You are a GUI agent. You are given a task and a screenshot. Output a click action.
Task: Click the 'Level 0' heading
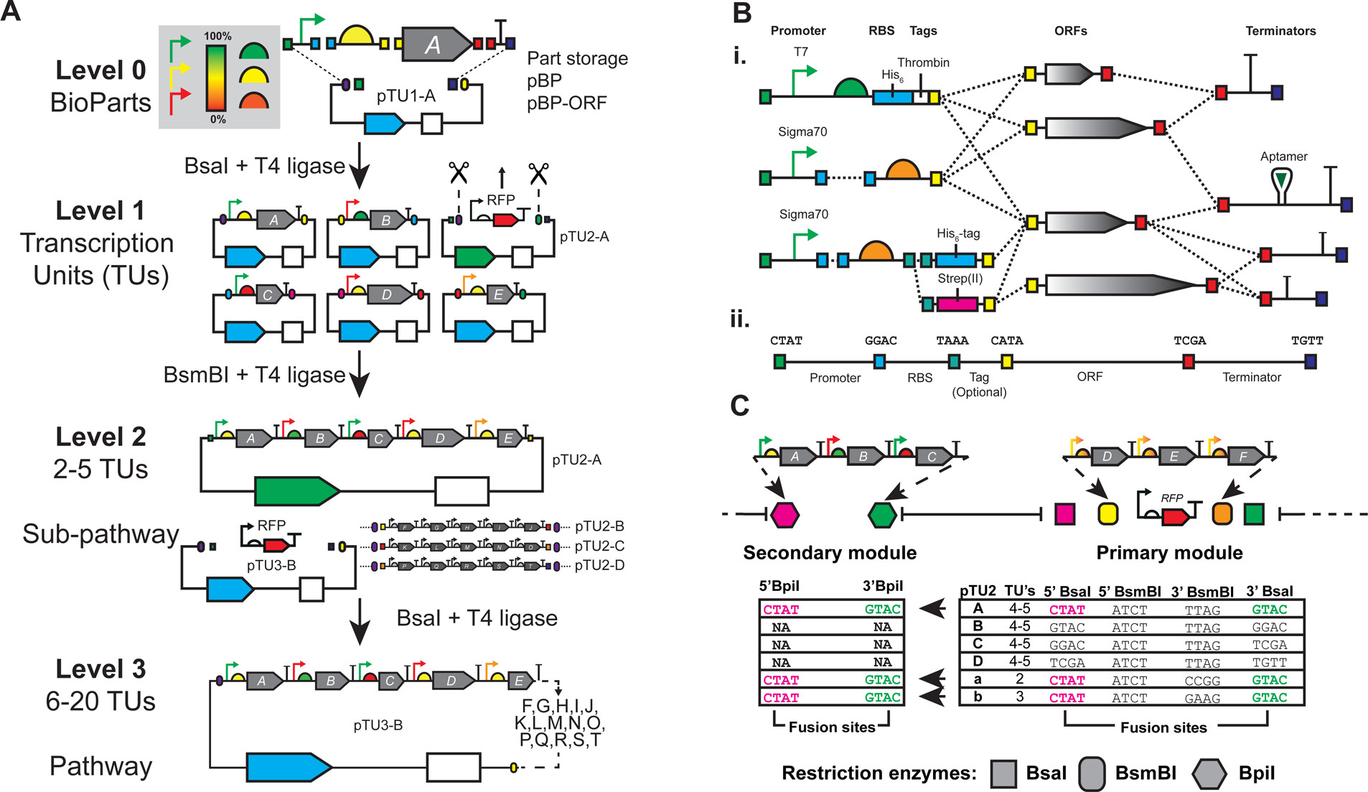(100, 70)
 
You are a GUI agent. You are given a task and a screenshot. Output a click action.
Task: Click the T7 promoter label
(800, 52)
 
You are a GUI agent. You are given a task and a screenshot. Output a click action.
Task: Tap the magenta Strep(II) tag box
(957, 304)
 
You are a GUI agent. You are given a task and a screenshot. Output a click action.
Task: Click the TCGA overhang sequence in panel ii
(1189, 340)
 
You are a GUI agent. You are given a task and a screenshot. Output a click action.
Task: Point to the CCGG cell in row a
(1202, 680)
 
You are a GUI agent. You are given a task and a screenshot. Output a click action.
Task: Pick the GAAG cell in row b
(1202, 698)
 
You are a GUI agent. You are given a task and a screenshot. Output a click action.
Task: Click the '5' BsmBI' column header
(1129, 592)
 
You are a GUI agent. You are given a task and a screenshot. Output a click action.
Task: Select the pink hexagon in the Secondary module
(784, 514)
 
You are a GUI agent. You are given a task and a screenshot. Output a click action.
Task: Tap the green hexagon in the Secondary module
(882, 514)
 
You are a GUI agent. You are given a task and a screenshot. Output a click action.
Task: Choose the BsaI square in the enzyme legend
(1003, 773)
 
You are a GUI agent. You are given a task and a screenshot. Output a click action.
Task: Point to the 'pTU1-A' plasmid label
(406, 95)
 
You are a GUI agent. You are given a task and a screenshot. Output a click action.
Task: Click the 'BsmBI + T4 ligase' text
(254, 375)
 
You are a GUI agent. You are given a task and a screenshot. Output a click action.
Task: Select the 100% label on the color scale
(217, 36)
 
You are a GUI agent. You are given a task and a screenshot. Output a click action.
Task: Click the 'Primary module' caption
(1169, 552)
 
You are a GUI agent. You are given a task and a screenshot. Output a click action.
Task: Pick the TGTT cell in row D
(1269, 663)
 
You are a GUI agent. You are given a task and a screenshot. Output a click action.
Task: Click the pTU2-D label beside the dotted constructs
(599, 565)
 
